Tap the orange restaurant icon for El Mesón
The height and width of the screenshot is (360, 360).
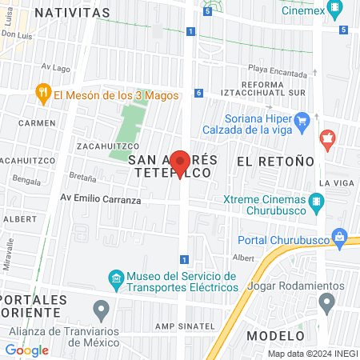pyautogui.click(x=44, y=94)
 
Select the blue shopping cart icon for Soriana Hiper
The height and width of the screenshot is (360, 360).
pyautogui.click(x=302, y=122)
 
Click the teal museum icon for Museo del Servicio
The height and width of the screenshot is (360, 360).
pyautogui.click(x=115, y=278)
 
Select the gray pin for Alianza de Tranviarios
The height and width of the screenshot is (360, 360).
pyautogui.click(x=101, y=309)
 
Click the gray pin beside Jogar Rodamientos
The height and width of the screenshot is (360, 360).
pyautogui.click(x=326, y=302)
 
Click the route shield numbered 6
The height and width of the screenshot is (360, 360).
pyautogui.click(x=198, y=94)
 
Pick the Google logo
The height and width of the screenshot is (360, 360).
pyautogui.click(x=26, y=350)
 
